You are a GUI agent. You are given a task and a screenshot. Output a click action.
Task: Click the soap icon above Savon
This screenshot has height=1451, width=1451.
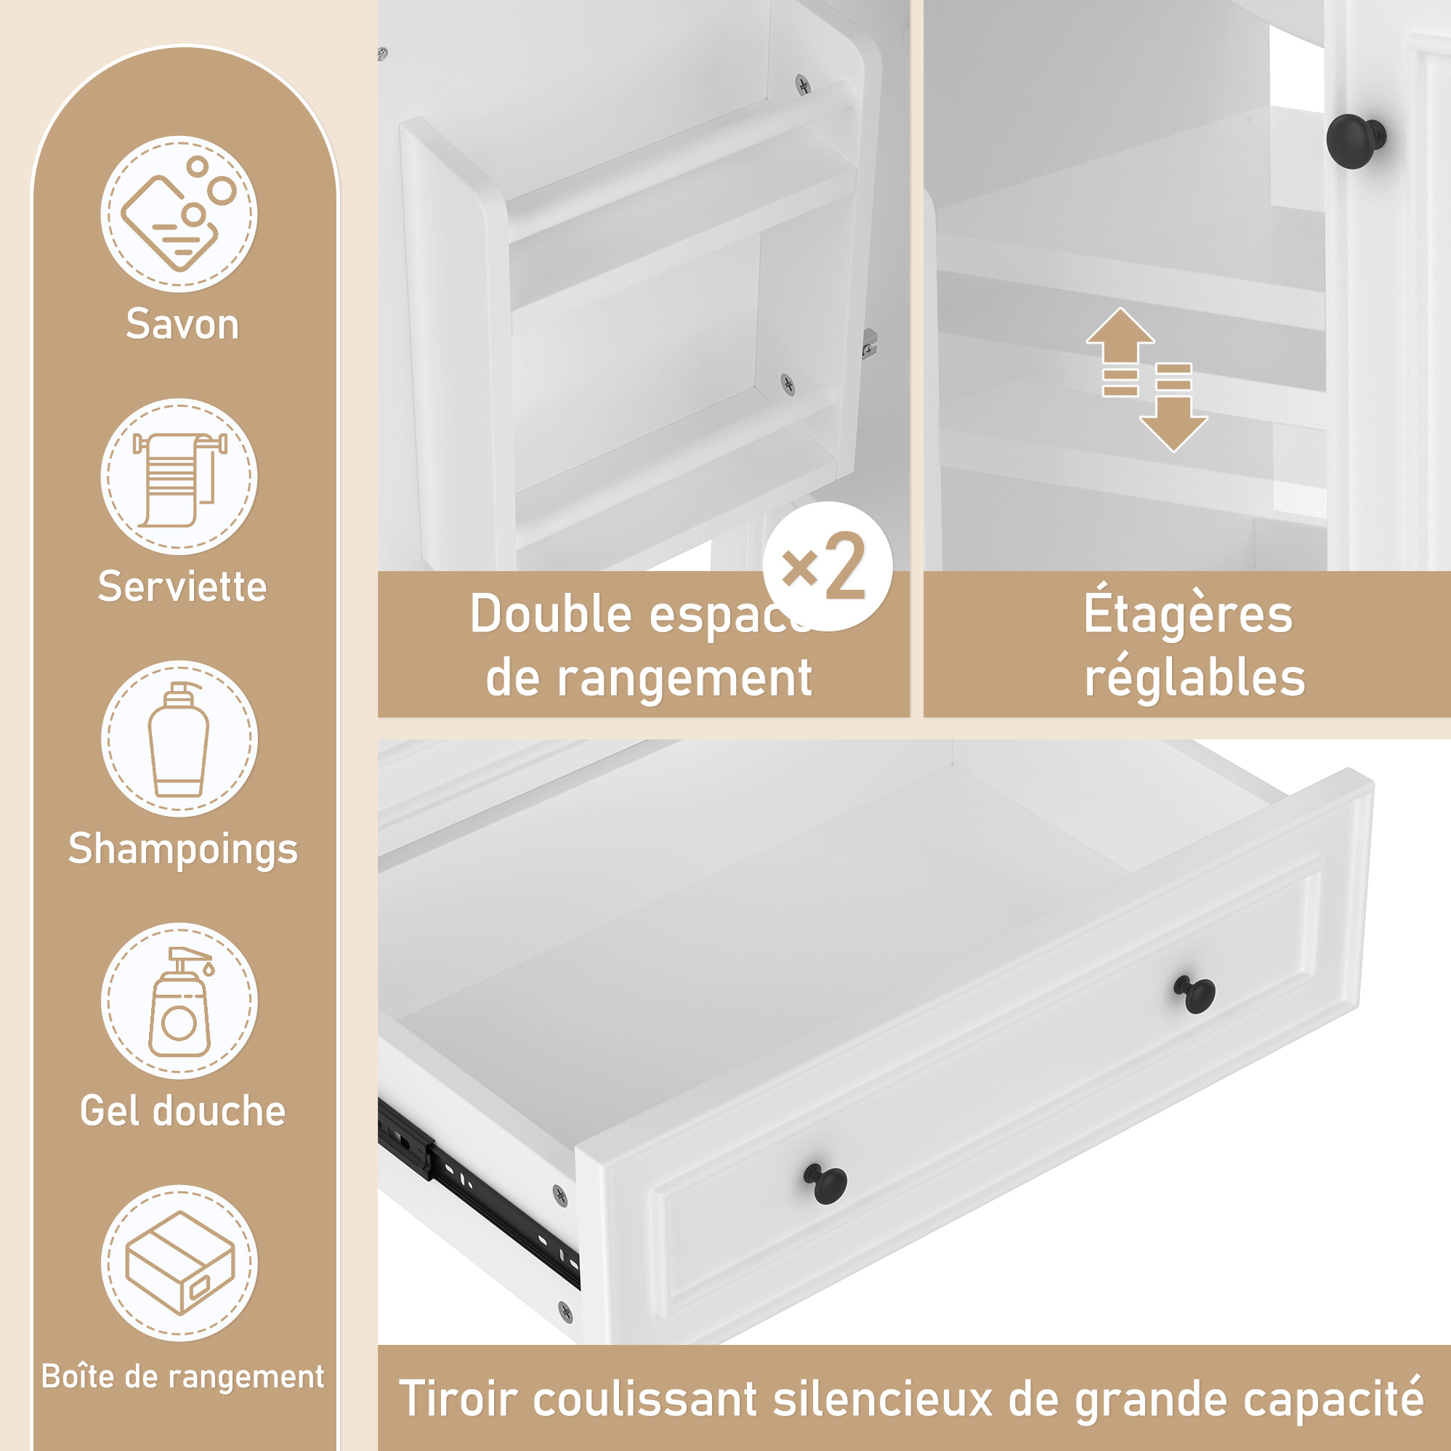[179, 214]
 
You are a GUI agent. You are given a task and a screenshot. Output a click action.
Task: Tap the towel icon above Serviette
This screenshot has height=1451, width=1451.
[179, 477]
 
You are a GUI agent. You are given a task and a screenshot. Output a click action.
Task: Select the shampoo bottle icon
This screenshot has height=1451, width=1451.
[179, 739]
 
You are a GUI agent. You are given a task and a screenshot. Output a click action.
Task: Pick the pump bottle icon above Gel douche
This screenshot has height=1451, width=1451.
[179, 1001]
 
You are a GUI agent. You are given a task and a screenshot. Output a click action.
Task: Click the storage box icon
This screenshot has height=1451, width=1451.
[179, 1264]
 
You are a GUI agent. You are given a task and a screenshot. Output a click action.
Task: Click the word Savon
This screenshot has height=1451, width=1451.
[182, 325]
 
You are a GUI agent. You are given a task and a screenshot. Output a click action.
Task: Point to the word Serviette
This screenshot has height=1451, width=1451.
[182, 586]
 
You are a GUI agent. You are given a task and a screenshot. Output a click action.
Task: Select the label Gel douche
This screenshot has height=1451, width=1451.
[183, 1112]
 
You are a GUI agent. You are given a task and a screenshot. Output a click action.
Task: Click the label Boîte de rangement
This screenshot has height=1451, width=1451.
[182, 1378]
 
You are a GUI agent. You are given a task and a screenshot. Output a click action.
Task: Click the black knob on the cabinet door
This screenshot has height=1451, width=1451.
[1356, 140]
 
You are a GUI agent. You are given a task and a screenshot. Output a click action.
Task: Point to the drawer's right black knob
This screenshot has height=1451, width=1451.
[1195, 995]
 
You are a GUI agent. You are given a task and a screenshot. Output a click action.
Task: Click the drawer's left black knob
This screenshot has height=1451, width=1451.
[825, 1183]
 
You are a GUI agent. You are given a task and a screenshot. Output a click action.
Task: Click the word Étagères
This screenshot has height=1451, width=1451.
[1187, 611]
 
